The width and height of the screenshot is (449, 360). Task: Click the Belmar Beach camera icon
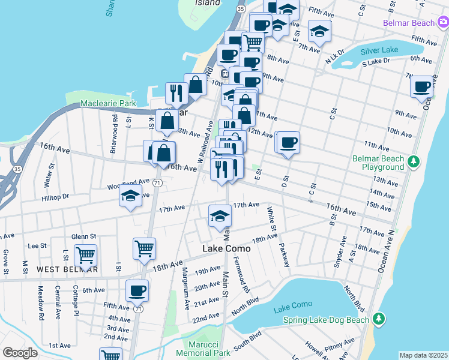(x=442, y=23)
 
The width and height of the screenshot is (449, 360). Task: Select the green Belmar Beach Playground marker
(x=413, y=161)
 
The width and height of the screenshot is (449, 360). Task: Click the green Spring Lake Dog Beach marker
(x=378, y=318)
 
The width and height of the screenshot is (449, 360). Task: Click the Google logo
(x=20, y=352)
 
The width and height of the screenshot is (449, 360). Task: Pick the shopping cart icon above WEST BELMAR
(x=86, y=254)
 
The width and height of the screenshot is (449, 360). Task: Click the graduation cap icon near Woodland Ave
(x=130, y=196)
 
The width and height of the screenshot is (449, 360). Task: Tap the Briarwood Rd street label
(x=114, y=139)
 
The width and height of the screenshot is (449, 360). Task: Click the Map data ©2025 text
(x=424, y=355)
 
